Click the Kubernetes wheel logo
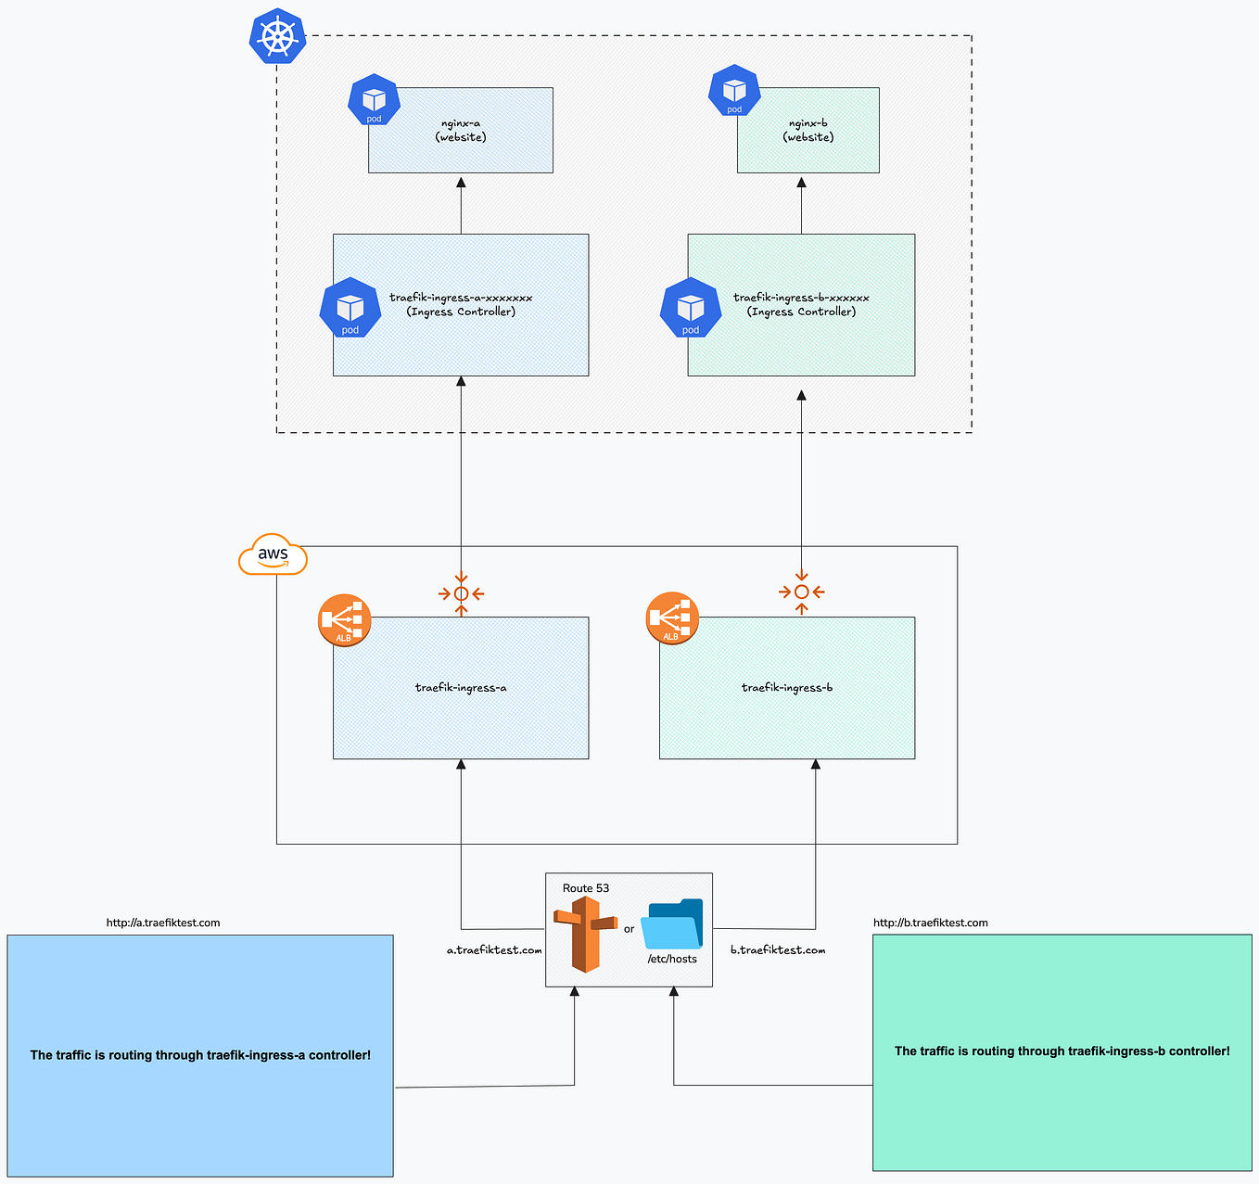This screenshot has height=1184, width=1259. [277, 37]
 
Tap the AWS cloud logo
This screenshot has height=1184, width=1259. [273, 554]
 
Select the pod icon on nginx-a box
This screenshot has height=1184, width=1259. [374, 101]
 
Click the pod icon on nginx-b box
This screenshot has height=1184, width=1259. [734, 91]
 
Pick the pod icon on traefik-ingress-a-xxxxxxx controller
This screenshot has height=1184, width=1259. [350, 308]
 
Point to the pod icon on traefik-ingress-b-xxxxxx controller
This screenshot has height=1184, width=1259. [691, 308]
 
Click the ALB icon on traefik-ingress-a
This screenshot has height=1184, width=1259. [344, 619]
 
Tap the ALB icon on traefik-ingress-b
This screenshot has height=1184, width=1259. [671, 618]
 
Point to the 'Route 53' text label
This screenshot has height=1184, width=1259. [586, 888]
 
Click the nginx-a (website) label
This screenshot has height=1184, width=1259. [461, 130]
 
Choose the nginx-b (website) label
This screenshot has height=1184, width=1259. [808, 130]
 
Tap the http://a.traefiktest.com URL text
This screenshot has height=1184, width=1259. [163, 923]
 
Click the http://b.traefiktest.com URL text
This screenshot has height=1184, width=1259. [930, 923]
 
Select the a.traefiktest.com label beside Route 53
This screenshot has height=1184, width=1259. [494, 950]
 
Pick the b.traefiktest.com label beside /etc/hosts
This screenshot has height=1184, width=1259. [777, 950]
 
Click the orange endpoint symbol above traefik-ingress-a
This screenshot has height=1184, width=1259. [461, 593]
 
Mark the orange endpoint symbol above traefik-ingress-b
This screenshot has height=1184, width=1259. [802, 592]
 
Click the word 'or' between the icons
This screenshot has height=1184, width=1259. [629, 929]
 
